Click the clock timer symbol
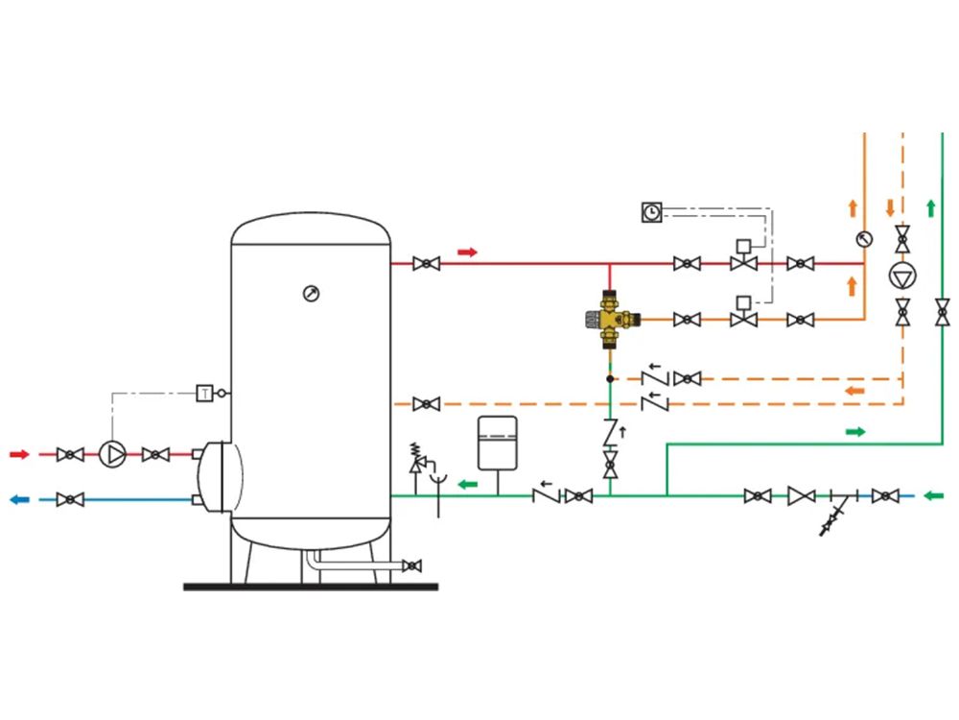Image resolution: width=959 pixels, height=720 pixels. (x=652, y=212)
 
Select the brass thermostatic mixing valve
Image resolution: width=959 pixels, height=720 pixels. (x=612, y=319)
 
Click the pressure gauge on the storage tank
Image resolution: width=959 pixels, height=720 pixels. (x=312, y=294)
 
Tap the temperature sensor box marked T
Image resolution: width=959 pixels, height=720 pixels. (x=204, y=393)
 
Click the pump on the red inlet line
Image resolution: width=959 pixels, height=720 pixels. (x=112, y=454)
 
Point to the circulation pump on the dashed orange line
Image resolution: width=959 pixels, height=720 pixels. (x=902, y=276)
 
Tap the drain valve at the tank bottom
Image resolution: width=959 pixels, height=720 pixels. (x=412, y=565)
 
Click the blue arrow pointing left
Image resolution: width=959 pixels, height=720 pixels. (x=19, y=499)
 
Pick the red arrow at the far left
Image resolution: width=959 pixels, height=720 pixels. (x=19, y=454)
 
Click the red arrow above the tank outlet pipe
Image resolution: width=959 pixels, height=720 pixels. (x=467, y=252)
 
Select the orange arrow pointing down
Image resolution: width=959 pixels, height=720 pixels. (x=891, y=207)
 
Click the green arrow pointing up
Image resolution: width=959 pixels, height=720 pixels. (x=931, y=208)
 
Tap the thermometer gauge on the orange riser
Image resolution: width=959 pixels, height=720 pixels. (x=864, y=239)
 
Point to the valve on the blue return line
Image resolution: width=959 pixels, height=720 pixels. (x=70, y=499)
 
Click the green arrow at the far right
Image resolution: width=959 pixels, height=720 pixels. (x=933, y=495)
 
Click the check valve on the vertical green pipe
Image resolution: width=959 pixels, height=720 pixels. (x=610, y=432)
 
